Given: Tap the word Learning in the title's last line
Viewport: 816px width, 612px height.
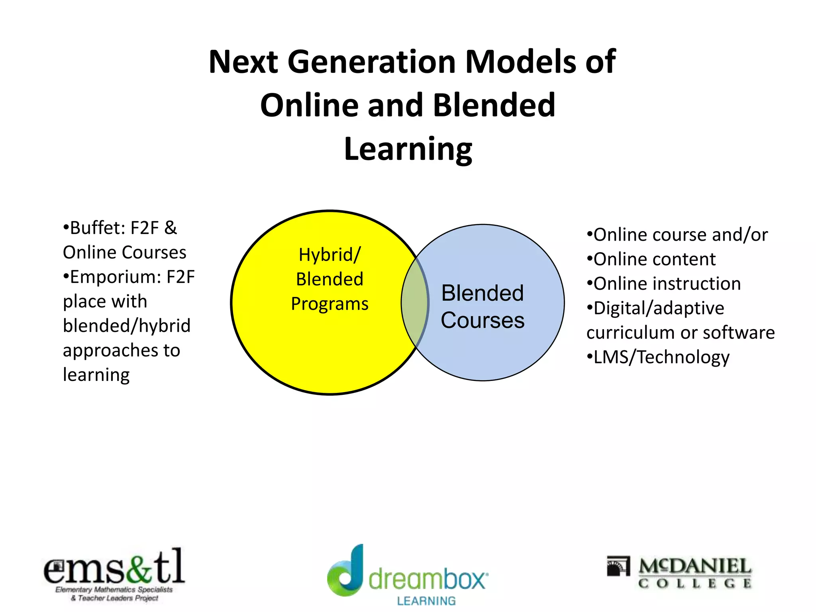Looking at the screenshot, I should click(x=408, y=149).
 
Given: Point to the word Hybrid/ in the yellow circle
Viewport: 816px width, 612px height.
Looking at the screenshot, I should click(x=330, y=255).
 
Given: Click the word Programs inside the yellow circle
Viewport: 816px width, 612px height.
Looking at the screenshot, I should click(x=330, y=304).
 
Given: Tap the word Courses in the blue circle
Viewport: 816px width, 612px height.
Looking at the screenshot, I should click(x=483, y=320).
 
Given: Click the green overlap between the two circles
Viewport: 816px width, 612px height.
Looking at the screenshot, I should click(x=415, y=303).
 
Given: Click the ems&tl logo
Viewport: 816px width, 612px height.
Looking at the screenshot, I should click(x=114, y=574).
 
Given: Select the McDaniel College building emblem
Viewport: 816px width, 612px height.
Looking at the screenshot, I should click(x=618, y=566).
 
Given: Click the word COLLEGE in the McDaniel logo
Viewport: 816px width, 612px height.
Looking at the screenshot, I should click(x=695, y=584).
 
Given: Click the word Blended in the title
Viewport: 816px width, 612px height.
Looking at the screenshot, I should click(x=494, y=105).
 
